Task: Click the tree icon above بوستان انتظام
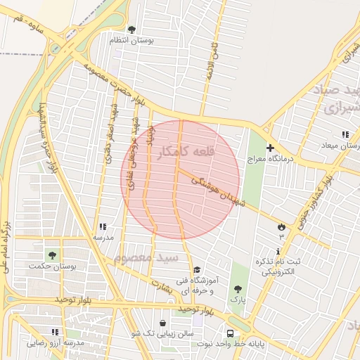pos(131,30)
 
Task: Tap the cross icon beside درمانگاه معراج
pos(270,149)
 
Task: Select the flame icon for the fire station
pos(281,227)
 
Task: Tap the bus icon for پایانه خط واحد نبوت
pos(231,334)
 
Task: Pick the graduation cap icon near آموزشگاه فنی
pos(197,270)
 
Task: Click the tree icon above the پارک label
pos(238,288)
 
